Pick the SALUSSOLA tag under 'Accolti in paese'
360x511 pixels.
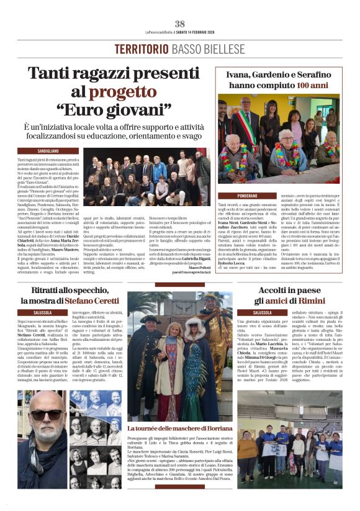point(254,312)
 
